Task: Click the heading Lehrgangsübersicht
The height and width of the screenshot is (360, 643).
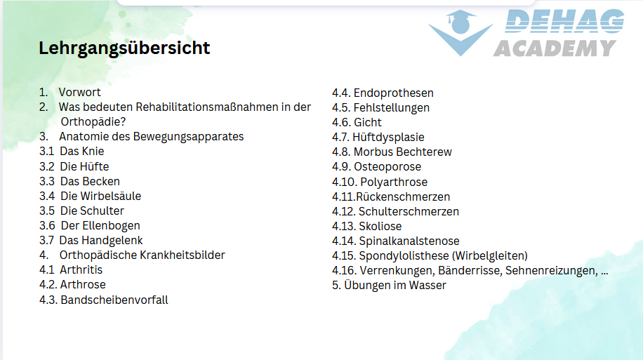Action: [124, 48]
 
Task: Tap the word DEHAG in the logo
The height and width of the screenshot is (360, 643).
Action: [564, 21]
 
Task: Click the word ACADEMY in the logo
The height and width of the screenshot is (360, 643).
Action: [555, 48]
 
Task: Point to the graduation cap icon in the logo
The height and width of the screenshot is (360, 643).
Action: [461, 22]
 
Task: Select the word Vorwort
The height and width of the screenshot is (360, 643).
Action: [79, 92]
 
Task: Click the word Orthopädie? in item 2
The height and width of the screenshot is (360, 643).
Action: [93, 122]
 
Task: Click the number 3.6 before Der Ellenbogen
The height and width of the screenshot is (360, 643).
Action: [47, 225]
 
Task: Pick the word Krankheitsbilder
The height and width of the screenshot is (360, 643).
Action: [183, 255]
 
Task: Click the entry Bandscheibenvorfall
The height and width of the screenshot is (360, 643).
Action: [114, 300]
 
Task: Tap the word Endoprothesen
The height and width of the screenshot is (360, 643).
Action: [394, 93]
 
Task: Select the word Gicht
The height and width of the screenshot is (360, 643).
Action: [368, 122]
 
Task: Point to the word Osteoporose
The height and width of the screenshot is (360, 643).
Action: [387, 166]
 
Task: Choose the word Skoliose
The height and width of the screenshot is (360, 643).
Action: [380, 226]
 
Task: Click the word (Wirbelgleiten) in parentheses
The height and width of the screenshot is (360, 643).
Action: [490, 256]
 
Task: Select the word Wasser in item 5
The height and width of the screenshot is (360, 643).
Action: [427, 285]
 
